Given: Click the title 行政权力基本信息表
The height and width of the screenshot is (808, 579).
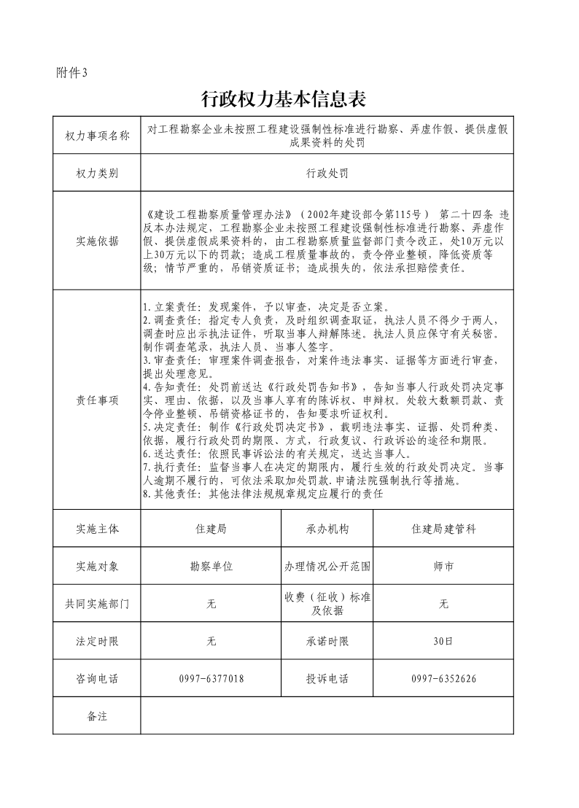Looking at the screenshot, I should coord(283,98).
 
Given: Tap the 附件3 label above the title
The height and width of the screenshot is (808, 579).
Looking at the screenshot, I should coord(71,72).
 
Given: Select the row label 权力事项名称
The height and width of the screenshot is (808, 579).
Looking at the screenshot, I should coord(97,136).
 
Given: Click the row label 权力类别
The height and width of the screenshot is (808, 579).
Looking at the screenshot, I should coord(97,174).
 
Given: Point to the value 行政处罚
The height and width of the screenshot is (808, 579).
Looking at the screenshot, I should coord(327,174).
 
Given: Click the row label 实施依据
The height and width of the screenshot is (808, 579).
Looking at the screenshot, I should coord(97,241).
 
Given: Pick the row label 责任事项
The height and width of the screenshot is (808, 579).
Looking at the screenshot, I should coord(97,400).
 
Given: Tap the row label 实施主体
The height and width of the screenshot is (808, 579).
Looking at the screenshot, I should coord(97,529).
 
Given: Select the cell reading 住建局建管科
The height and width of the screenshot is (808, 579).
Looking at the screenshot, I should coord(443,529).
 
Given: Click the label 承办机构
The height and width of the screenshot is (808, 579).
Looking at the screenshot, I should coord(327,529).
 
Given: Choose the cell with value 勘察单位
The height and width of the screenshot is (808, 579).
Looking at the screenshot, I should coord(211,566).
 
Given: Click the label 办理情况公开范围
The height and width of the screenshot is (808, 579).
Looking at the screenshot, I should coord(327,566).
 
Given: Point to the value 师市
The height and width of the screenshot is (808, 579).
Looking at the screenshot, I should coord(443,566).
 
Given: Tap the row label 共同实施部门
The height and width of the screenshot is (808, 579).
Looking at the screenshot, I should coord(97,604).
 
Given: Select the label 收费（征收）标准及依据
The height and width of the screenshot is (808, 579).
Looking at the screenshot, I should coord(327,604).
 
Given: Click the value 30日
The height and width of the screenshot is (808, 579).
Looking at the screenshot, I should coord(443,642).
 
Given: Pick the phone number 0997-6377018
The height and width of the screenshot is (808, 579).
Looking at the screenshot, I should coord(211,679).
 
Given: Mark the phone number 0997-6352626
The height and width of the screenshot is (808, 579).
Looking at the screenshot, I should coord(443,679).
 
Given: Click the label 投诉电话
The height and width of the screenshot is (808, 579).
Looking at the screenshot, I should coord(327,679).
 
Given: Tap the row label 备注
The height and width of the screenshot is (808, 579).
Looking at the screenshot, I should coord(97,716).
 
